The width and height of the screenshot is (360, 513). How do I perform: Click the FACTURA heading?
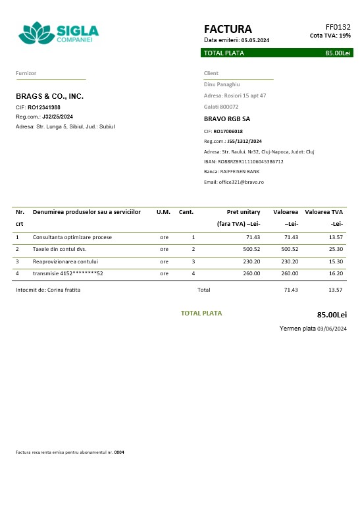click(x=228, y=29)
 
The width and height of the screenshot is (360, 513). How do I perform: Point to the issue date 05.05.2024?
click(x=255, y=40)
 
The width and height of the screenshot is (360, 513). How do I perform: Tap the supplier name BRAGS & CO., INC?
click(x=50, y=96)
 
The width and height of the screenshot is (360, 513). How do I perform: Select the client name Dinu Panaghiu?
click(x=221, y=84)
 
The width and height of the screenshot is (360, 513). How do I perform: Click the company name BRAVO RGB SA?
click(x=227, y=119)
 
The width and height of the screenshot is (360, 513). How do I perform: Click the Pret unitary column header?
click(x=244, y=212)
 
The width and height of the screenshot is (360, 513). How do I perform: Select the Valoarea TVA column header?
click(x=324, y=212)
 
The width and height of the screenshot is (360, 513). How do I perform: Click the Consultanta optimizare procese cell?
click(x=72, y=236)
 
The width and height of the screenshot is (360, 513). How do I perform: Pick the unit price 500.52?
click(x=251, y=249)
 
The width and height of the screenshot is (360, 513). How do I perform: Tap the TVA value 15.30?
click(x=336, y=261)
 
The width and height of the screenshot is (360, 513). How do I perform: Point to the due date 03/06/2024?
click(x=332, y=329)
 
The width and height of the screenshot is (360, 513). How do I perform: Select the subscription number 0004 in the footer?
click(x=119, y=452)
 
